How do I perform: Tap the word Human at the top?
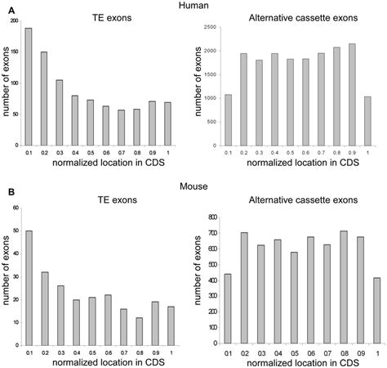click(193, 6)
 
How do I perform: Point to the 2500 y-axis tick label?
click(209, 27)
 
